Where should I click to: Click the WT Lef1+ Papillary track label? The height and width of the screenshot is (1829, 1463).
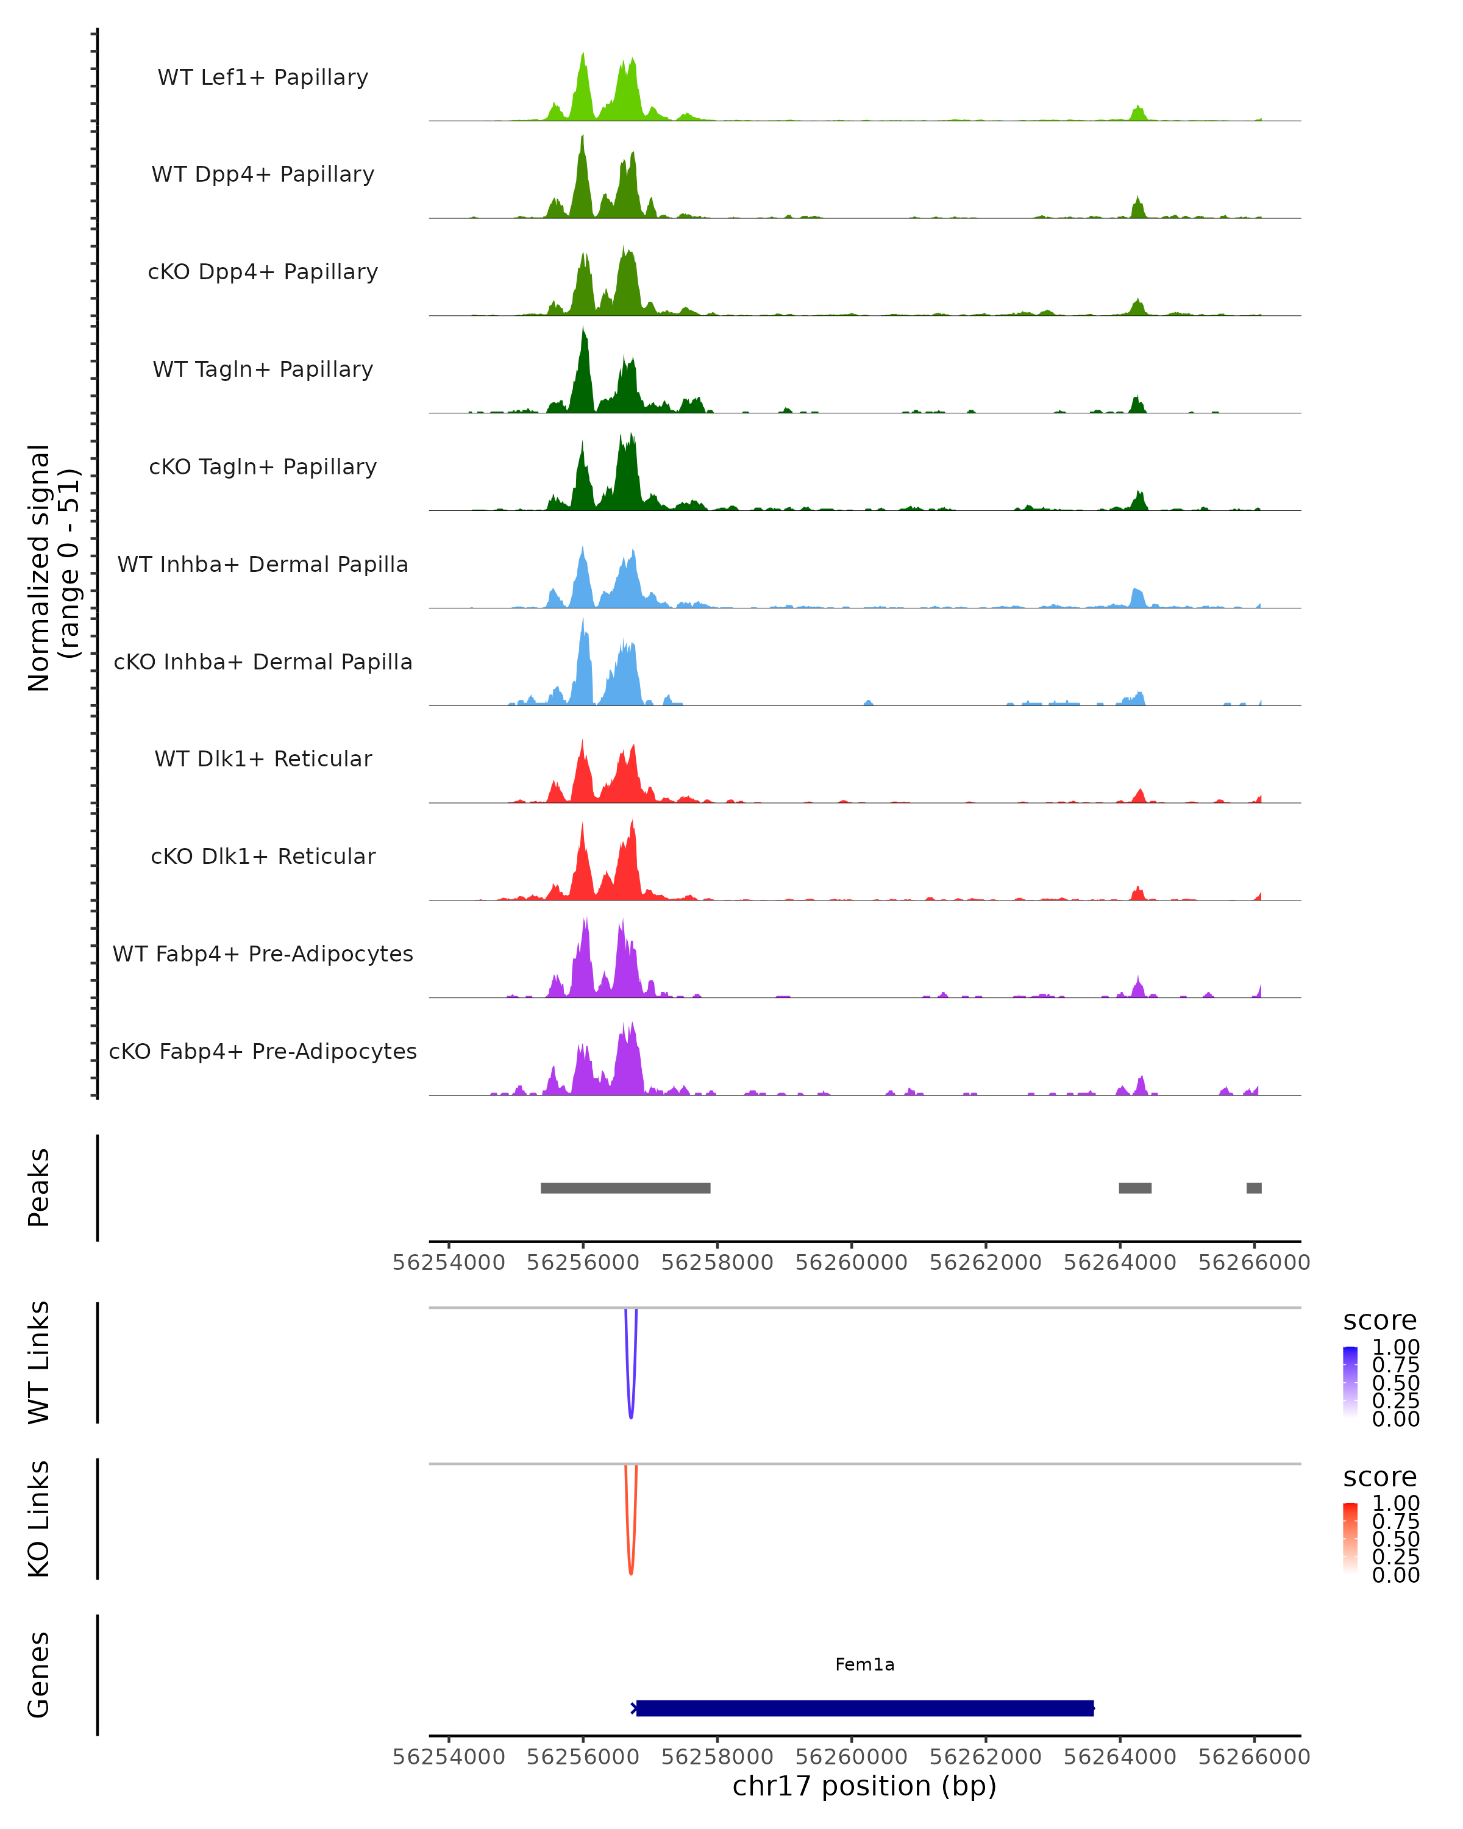[263, 77]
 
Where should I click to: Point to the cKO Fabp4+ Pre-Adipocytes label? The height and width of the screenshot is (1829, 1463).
[263, 1051]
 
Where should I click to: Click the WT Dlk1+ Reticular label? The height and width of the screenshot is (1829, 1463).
[263, 758]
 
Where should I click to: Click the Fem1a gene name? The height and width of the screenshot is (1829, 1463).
[864, 1664]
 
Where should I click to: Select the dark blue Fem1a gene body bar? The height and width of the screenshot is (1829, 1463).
[864, 1708]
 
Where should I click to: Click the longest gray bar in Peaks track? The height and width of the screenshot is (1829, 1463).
[625, 1188]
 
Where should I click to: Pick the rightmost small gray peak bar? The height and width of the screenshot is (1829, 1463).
[1253, 1188]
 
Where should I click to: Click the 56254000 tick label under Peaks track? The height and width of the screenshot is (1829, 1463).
[449, 1263]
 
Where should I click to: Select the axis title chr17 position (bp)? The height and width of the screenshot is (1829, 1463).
[864, 1786]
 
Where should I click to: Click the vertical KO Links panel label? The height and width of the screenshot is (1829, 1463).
[39, 1519]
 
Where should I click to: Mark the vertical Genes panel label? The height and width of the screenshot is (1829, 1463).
[39, 1675]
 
